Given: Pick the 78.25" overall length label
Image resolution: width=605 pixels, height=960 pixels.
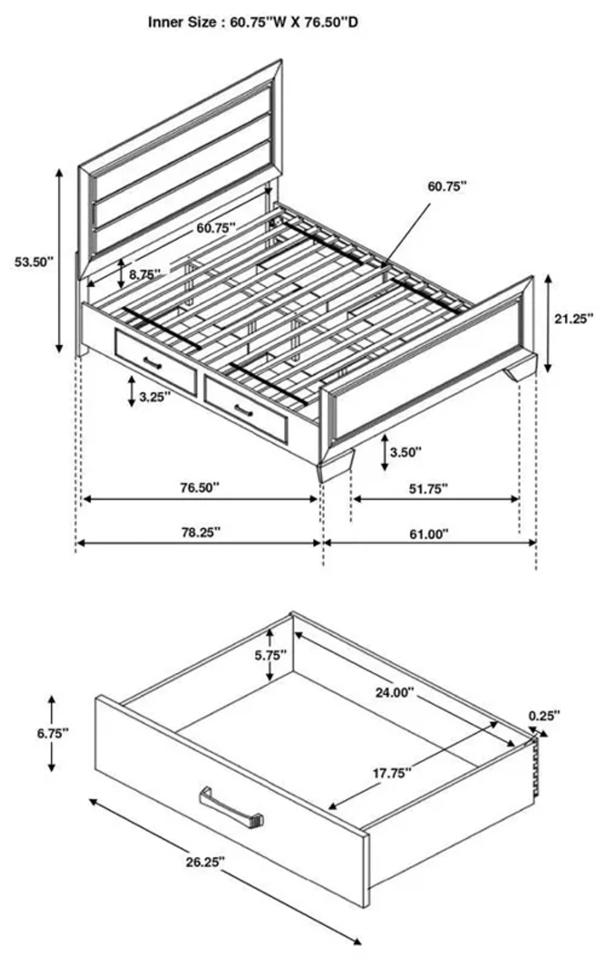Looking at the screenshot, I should [x=201, y=532].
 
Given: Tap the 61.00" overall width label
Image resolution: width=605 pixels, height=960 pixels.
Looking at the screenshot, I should [x=429, y=534].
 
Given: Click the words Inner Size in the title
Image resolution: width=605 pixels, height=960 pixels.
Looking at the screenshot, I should [x=181, y=22].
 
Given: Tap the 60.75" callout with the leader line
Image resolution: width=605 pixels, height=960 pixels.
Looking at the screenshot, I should [x=446, y=186].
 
